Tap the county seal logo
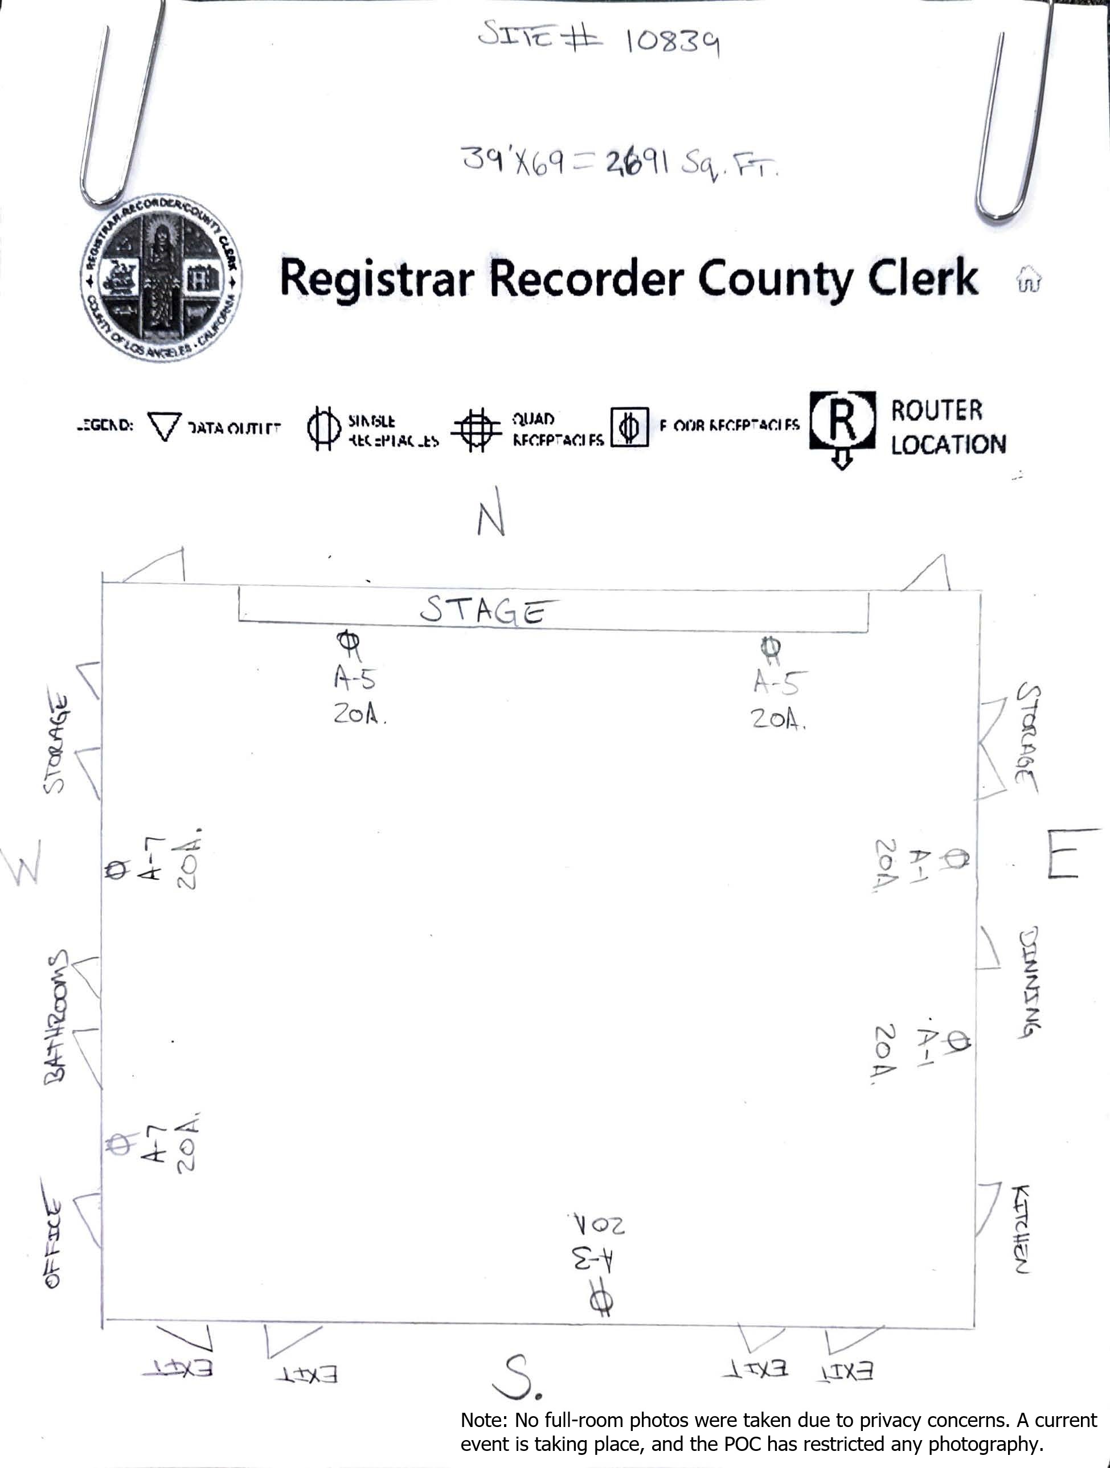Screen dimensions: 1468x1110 [161, 278]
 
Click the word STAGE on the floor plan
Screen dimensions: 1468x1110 [488, 610]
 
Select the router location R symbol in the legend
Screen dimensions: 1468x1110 [841, 421]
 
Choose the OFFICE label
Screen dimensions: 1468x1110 [53, 1243]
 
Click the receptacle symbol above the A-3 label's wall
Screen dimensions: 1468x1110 [601, 1301]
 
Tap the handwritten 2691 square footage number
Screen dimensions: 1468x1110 [634, 161]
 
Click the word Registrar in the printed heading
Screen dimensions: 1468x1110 [377, 278]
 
